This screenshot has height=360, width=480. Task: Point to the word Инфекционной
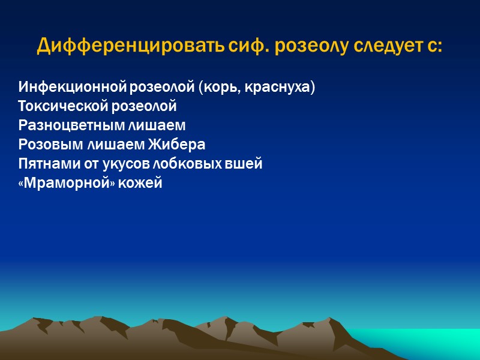(x=72, y=87)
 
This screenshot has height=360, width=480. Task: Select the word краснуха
(x=286, y=87)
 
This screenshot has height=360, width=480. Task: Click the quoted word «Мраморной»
(x=63, y=183)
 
